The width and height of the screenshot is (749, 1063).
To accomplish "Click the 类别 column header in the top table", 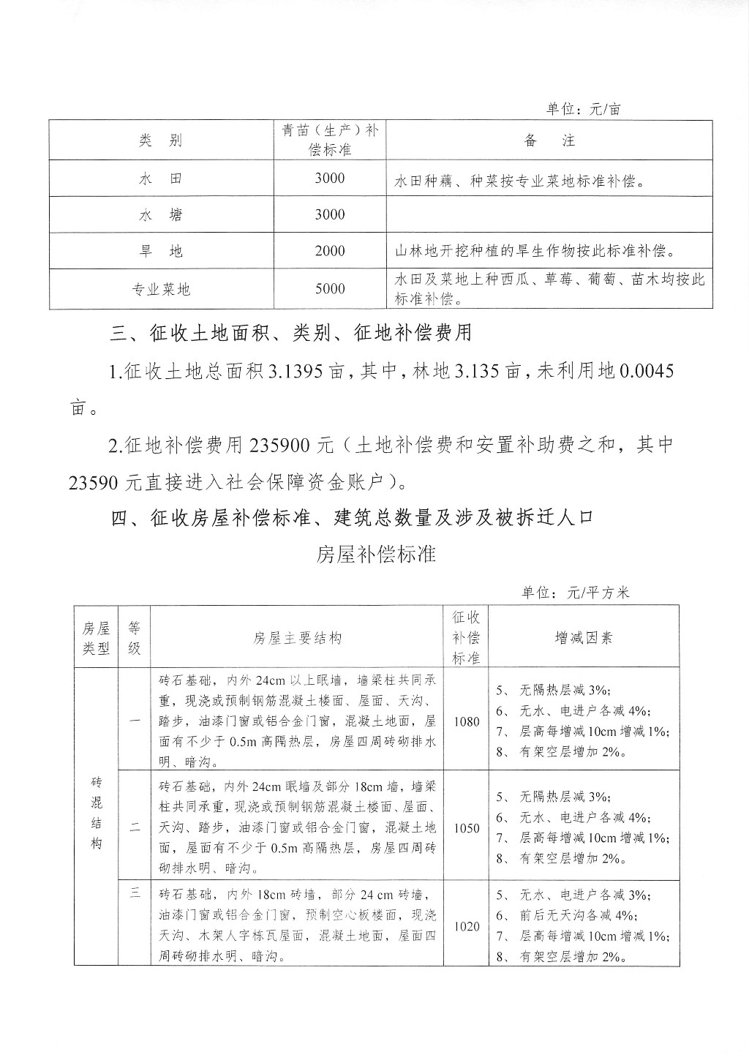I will click(x=160, y=140).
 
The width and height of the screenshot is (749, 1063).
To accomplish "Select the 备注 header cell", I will click(x=549, y=140).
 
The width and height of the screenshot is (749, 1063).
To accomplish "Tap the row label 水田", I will click(x=160, y=179).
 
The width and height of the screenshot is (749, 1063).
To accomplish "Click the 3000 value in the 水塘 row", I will click(x=329, y=214).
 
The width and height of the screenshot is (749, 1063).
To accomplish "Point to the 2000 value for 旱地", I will click(x=329, y=251).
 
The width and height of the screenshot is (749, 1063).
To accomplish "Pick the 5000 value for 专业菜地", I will click(x=329, y=289).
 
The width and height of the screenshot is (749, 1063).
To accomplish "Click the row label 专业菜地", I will click(x=160, y=289).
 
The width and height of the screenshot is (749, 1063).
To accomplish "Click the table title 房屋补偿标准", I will click(x=376, y=555).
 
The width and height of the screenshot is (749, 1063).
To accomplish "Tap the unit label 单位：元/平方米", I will click(x=575, y=593).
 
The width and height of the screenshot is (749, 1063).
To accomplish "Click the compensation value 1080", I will click(x=467, y=721).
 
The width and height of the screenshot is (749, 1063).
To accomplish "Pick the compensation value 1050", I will click(x=467, y=828).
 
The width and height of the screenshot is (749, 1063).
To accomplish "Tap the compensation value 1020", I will click(x=467, y=926).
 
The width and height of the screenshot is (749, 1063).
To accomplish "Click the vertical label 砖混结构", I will click(x=96, y=813).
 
